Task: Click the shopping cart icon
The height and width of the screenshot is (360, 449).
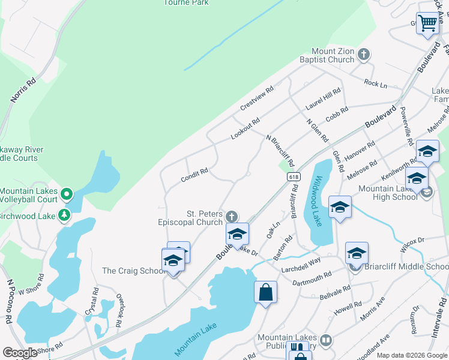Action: click(x=427, y=24)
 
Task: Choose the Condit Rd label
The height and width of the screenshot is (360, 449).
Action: click(x=194, y=175)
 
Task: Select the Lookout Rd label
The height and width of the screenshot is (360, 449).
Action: click(x=246, y=129)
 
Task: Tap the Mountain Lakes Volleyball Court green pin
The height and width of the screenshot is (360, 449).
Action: click(x=67, y=194)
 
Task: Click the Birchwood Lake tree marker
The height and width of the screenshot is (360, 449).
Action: click(x=64, y=215)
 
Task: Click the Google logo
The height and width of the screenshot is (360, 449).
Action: click(x=20, y=353)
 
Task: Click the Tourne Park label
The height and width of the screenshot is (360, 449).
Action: click(x=186, y=2)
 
